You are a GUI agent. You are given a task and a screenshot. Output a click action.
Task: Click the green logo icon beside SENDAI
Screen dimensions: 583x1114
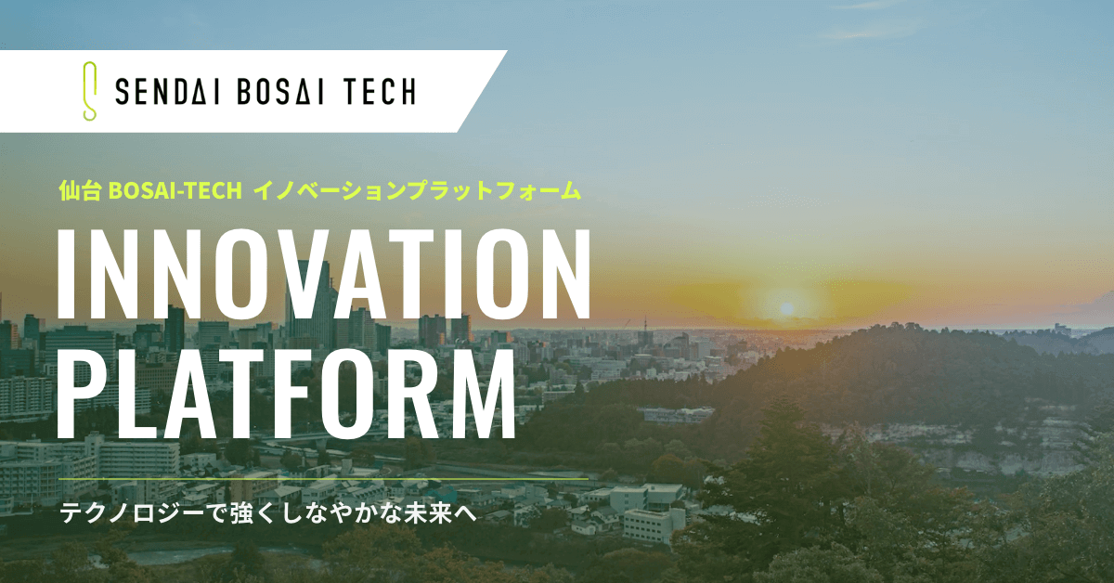pos(90,91)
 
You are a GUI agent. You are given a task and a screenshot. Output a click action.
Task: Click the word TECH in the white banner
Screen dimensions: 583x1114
pos(381,91)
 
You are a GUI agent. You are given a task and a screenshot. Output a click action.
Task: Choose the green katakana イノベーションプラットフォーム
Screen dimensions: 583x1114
pos(417,190)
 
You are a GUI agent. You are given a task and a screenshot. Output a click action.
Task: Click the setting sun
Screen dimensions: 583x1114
pos(786,306)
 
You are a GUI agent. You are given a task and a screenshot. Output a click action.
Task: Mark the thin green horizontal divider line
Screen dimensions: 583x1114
pos(325,480)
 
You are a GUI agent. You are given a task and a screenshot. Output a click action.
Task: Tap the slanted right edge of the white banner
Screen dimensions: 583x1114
pos(483,91)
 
